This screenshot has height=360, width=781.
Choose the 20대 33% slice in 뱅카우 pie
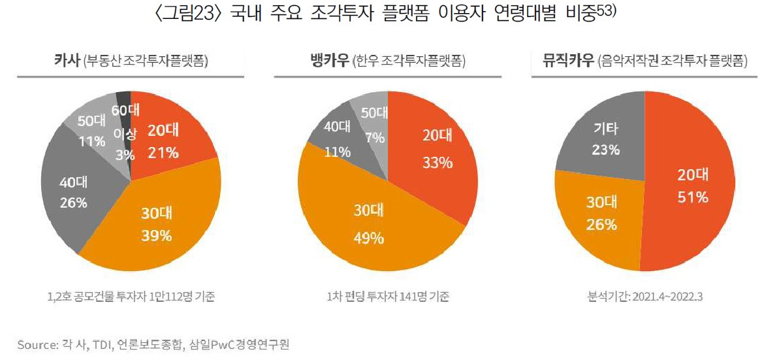click(x=434, y=150)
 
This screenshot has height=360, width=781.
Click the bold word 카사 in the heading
click(x=67, y=61)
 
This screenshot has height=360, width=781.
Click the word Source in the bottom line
click(x=33, y=342)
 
